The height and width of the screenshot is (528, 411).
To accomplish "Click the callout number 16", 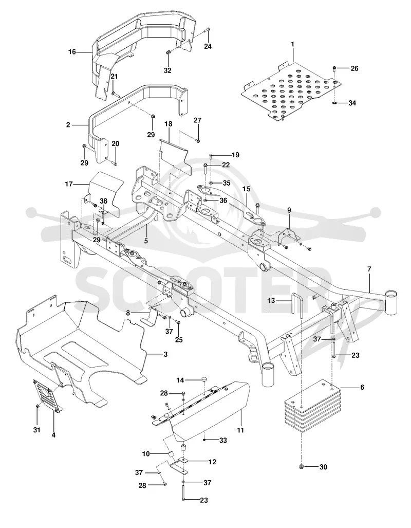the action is [72, 52].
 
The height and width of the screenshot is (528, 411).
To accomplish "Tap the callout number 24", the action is [208, 46].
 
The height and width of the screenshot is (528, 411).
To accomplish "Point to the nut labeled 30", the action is [302, 467].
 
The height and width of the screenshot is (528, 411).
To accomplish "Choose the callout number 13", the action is [271, 300].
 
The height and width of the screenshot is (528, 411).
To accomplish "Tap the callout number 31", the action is [36, 430].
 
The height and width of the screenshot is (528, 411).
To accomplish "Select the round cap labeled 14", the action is [204, 380].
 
